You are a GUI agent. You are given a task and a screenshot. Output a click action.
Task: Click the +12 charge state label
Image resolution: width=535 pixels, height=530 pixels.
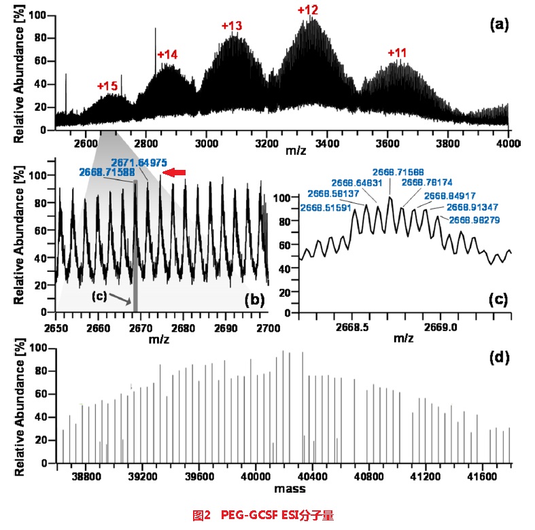pos(308,11)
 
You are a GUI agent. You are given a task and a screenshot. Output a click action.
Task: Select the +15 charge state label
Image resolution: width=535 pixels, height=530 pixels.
pos(107,86)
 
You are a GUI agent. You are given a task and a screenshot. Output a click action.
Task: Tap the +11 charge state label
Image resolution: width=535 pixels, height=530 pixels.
pos(398,53)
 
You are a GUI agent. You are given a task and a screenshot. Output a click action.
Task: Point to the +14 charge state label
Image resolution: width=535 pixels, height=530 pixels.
pos(167,54)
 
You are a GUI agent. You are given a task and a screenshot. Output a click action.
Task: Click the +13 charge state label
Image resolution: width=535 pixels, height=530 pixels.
pos(232,26)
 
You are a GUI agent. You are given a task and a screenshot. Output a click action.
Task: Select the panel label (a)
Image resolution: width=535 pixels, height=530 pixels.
pos(500,25)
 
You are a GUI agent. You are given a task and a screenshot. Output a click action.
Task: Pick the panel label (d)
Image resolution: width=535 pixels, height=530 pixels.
pos(500,357)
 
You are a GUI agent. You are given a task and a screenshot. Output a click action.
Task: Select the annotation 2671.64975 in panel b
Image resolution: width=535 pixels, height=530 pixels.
pos(139,163)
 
